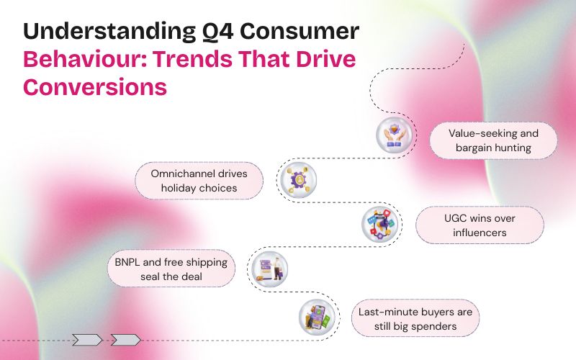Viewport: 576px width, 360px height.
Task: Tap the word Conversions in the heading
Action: click(x=95, y=87)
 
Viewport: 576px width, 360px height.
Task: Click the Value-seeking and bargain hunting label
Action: click(x=493, y=140)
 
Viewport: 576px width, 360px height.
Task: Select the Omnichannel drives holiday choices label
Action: click(x=194, y=181)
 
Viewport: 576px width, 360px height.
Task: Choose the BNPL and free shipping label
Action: click(x=171, y=269)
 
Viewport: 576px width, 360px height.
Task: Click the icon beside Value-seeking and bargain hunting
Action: click(x=393, y=135)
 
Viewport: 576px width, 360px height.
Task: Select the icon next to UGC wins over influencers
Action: click(x=379, y=223)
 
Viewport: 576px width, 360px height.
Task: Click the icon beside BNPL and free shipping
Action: click(x=269, y=268)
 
